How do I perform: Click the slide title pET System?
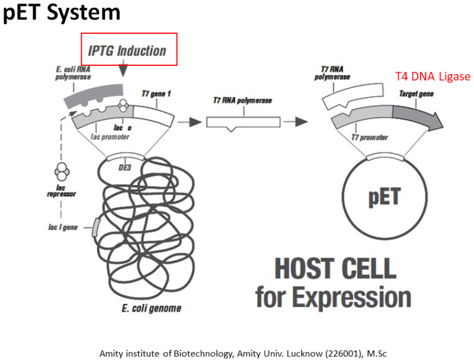(62, 12)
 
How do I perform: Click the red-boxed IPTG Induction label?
(129, 50)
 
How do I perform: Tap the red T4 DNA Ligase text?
(433, 77)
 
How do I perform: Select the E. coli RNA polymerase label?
(73, 74)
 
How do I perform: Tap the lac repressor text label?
(61, 190)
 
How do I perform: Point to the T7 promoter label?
(369, 138)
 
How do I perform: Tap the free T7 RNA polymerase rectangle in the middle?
(243, 122)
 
